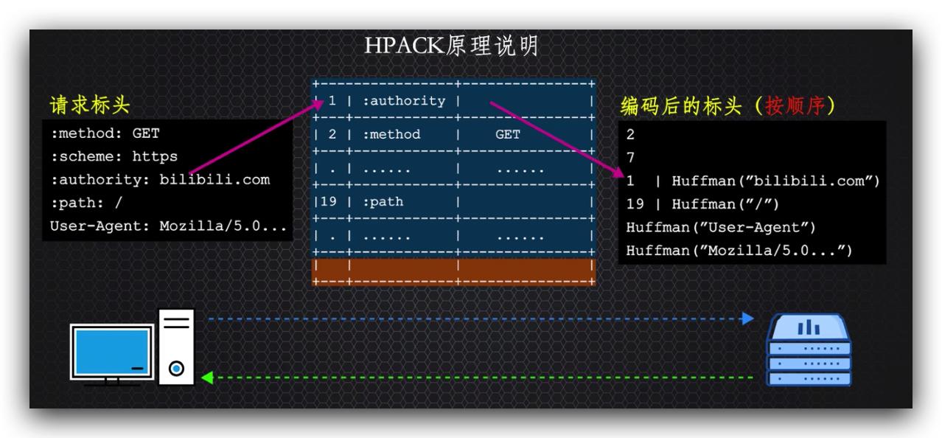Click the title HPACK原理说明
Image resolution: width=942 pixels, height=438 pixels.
click(x=451, y=46)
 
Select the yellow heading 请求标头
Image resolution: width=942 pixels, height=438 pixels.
click(x=89, y=105)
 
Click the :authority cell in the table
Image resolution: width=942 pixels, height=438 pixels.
click(x=404, y=101)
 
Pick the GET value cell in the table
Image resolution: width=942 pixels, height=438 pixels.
click(x=507, y=135)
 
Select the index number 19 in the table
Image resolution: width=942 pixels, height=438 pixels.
click(x=329, y=201)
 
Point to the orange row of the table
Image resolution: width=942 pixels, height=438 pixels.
click(x=453, y=270)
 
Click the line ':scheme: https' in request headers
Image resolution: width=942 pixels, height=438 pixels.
click(x=114, y=157)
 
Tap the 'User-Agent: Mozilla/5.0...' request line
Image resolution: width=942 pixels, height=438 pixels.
click(x=168, y=226)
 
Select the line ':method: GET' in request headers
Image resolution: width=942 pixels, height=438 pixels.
click(x=105, y=134)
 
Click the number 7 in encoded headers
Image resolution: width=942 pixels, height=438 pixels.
click(x=630, y=158)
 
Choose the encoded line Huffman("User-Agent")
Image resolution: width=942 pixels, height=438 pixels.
click(x=721, y=228)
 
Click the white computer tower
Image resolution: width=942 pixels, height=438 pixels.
click(x=177, y=347)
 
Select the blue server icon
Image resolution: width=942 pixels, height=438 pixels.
click(x=809, y=350)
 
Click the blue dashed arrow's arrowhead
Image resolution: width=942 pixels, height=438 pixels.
click(x=747, y=319)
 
